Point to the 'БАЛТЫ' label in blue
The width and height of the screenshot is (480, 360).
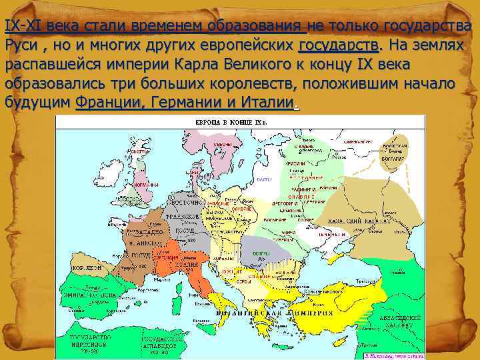(x=264, y=180)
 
